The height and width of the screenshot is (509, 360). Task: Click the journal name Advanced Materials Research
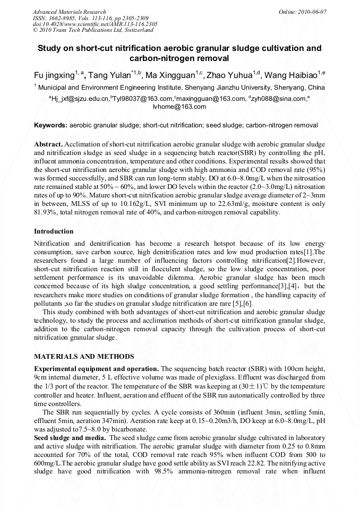pyautogui.click(x=69, y=12)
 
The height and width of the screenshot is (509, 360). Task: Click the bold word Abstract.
pyautogui.click(x=48, y=144)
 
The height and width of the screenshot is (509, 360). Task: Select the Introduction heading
pyautogui.click(x=54, y=231)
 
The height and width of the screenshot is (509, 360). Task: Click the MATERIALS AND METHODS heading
pyautogui.click(x=84, y=357)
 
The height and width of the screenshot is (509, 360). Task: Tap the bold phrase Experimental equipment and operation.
pyautogui.click(x=96, y=368)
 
